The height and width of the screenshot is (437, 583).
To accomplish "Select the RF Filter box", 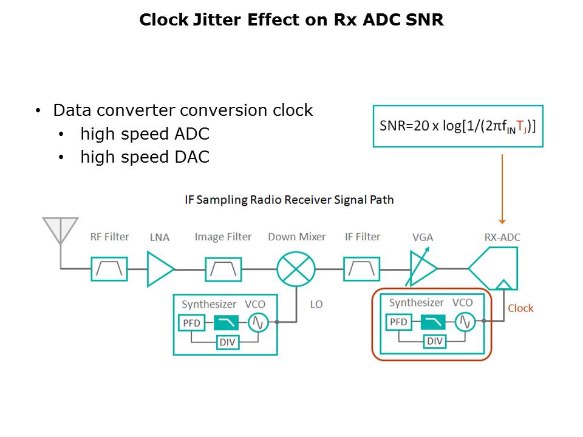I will [x=109, y=269].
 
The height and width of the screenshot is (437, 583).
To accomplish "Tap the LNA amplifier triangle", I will [x=159, y=269].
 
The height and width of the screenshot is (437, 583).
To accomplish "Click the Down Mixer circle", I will [x=296, y=269].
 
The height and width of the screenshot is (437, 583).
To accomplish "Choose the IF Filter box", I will [x=362, y=269].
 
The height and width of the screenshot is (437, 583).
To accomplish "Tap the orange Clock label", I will [x=520, y=308].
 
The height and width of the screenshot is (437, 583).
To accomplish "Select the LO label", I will [x=316, y=304].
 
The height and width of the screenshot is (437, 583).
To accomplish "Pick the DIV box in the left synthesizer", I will [x=228, y=343].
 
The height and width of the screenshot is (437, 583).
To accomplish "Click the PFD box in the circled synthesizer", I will [x=399, y=322].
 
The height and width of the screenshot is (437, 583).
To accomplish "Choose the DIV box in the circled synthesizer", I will [x=435, y=342].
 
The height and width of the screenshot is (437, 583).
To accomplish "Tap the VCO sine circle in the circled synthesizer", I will [x=465, y=322].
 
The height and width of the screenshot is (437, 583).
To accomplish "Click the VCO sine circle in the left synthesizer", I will [x=258, y=323].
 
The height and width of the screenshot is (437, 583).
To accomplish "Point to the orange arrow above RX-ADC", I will [x=502, y=188].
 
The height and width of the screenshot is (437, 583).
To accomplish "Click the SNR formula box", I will [x=458, y=126].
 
